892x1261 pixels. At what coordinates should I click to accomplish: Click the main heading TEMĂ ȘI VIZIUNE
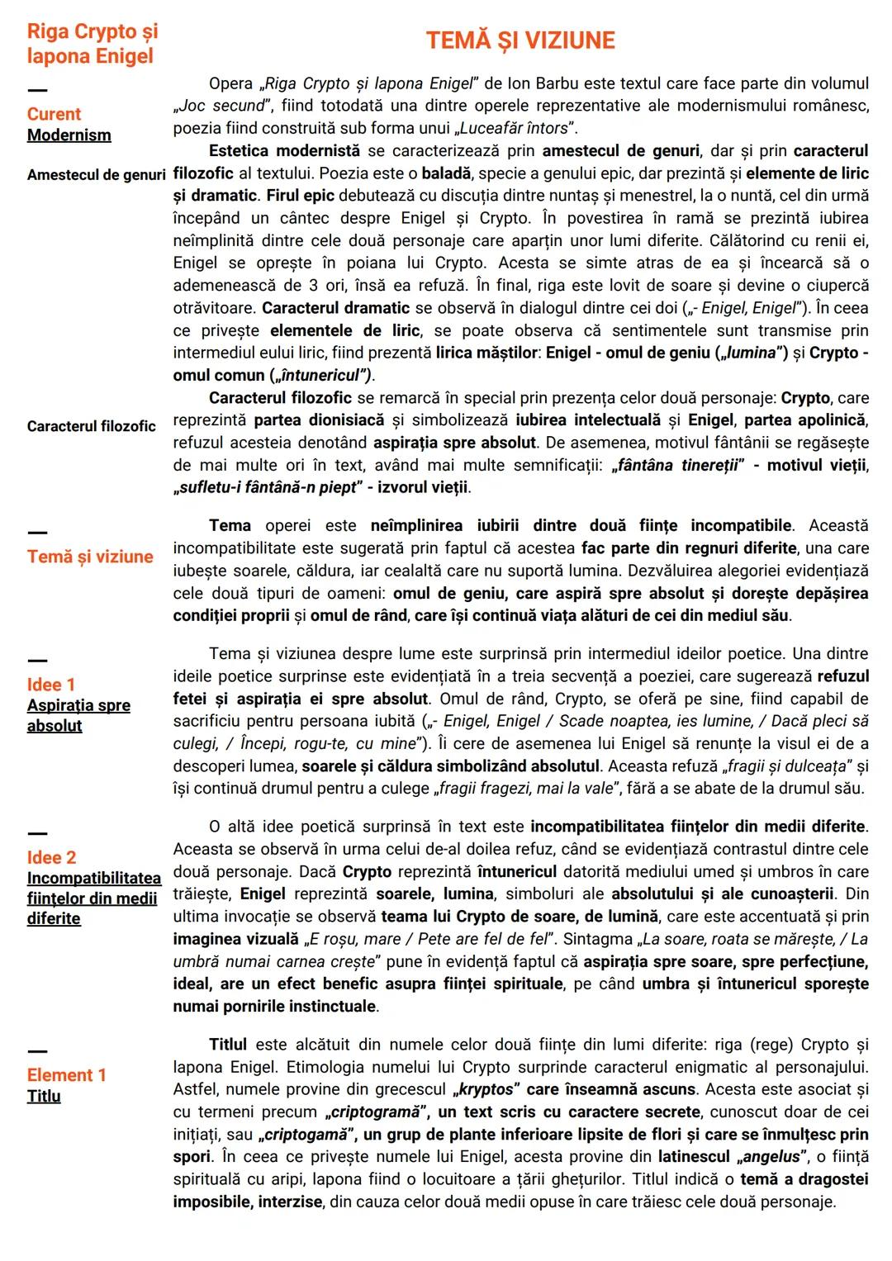click(x=520, y=40)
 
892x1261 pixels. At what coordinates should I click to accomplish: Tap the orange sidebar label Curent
click(x=54, y=114)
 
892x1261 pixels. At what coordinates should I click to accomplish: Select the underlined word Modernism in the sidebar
click(x=69, y=135)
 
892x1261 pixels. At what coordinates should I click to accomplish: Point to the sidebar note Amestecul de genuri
click(x=96, y=175)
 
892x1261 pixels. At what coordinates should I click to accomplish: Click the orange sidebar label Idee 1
click(x=50, y=685)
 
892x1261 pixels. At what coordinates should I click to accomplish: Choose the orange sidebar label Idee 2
click(x=51, y=857)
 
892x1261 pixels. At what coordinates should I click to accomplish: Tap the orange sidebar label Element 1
click(x=66, y=1074)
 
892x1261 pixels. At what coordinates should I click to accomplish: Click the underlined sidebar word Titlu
click(x=44, y=1096)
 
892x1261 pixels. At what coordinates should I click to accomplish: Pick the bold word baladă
click(x=445, y=173)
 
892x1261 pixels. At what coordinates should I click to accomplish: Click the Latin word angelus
click(x=771, y=1156)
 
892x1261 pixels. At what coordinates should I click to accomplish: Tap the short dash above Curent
click(x=37, y=90)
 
